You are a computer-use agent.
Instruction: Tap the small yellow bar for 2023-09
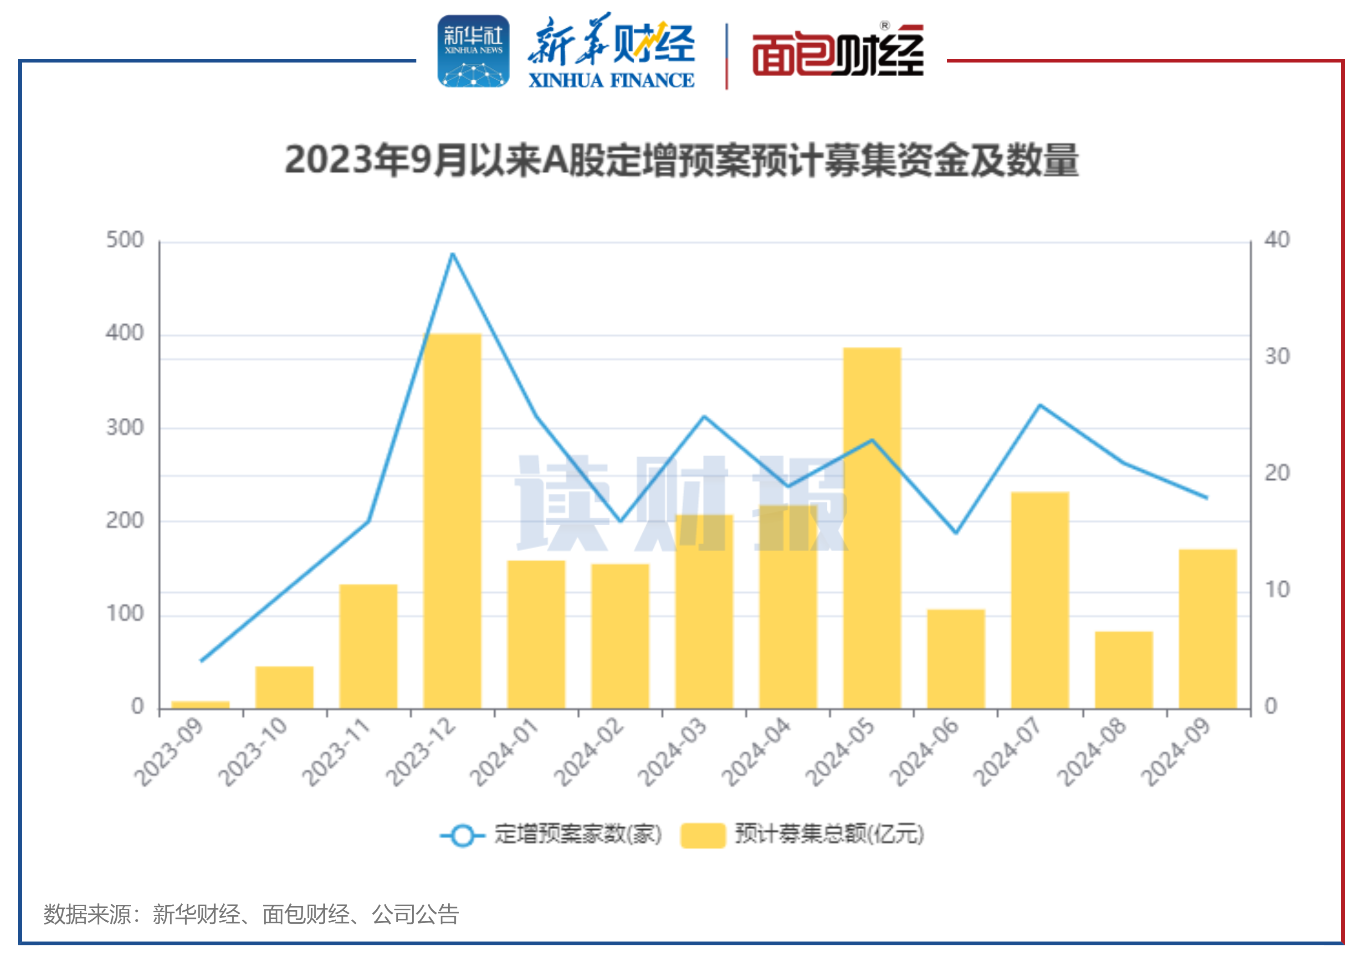tap(200, 705)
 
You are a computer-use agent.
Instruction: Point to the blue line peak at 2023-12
tap(452, 254)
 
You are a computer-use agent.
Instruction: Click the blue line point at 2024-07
tap(1040, 405)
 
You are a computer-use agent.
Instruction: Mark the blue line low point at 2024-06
tap(956, 533)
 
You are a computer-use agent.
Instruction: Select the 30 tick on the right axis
tap(1277, 356)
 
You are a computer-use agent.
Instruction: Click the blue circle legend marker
tap(462, 835)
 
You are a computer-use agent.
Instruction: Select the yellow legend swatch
tap(703, 835)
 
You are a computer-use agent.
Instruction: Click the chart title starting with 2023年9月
tap(681, 160)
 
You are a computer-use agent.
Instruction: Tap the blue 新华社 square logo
tap(473, 51)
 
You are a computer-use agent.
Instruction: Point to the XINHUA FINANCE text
tap(611, 80)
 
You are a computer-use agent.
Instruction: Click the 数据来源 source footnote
tap(251, 914)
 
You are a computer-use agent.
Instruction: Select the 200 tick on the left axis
tap(125, 521)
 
